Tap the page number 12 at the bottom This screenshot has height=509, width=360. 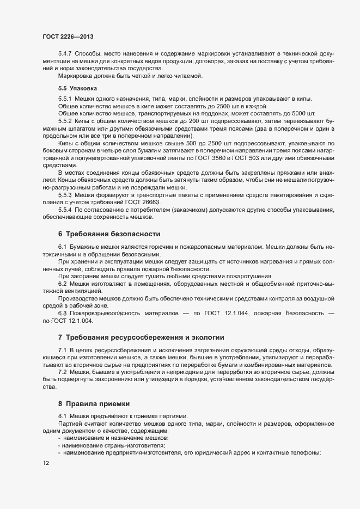tap(46, 463)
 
